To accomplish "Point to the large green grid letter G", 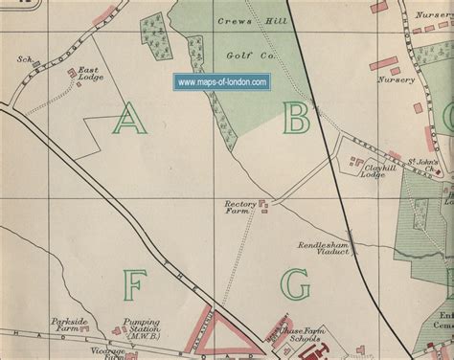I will tap(296, 284).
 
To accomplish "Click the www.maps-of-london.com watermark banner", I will tap(222, 83).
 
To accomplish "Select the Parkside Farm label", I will tap(70, 325).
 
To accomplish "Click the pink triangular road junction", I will tap(226, 330).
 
